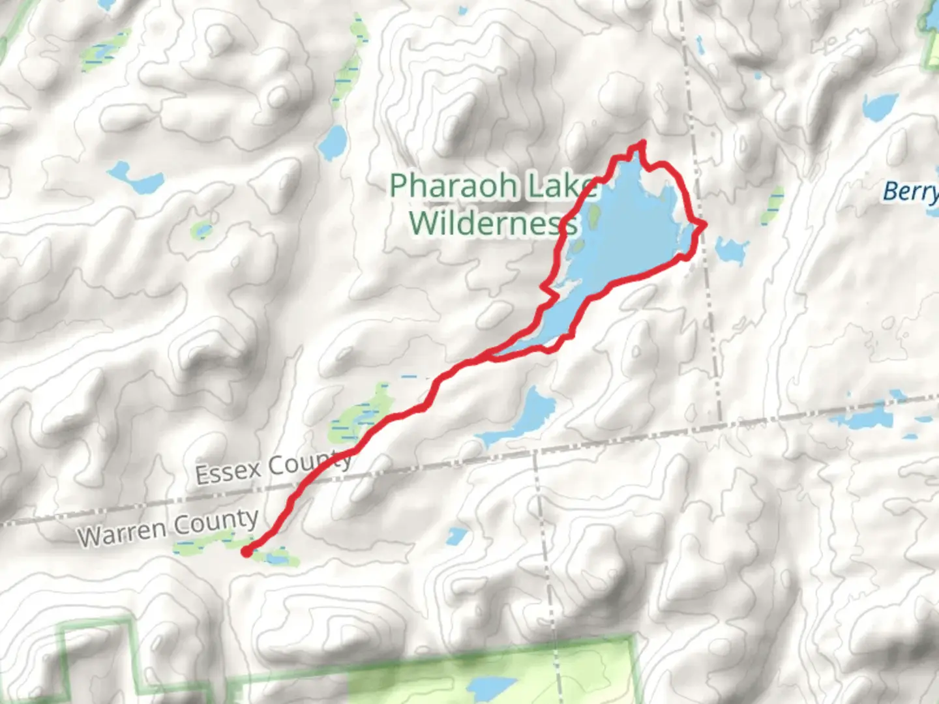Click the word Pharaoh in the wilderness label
453,186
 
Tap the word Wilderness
493,223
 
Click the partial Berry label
910,192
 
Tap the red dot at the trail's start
246,552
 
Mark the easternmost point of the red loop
704,225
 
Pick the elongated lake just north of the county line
522,417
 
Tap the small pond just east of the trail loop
731,250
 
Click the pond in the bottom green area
492,688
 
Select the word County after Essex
310,462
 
